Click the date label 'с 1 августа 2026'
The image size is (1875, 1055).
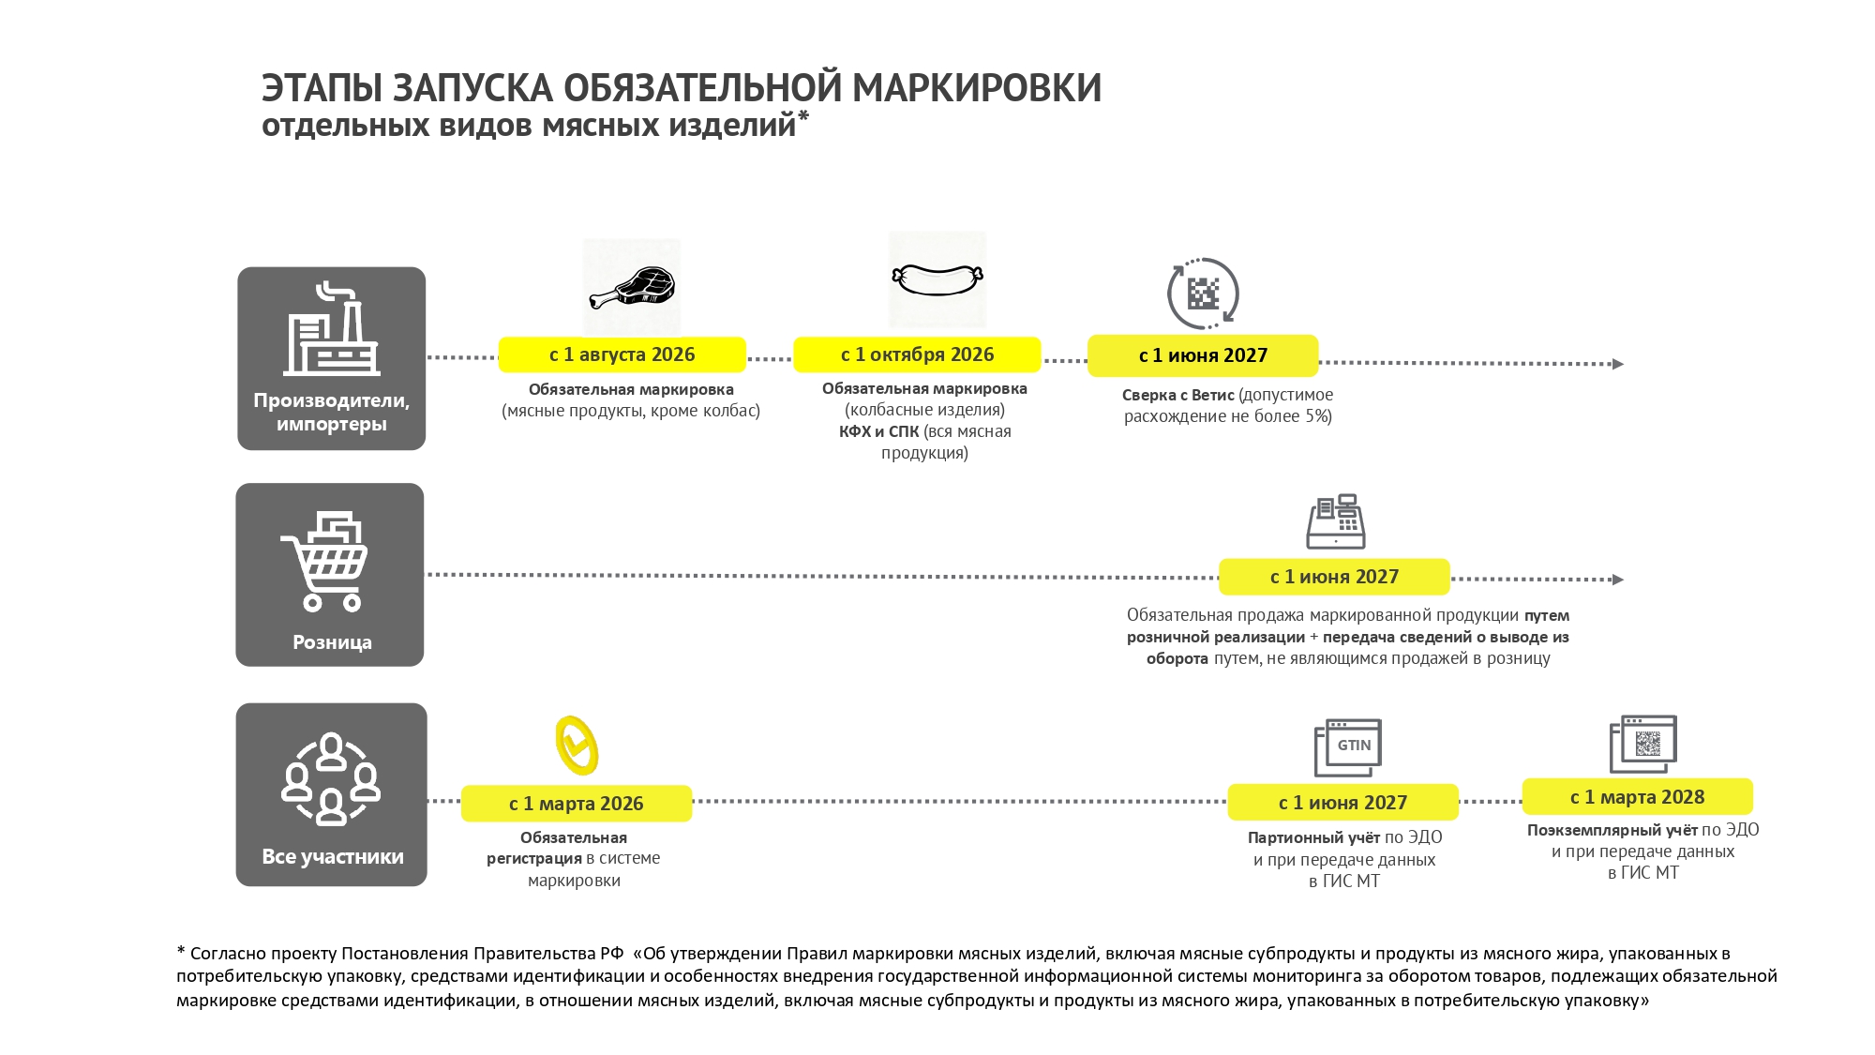pyautogui.click(x=622, y=354)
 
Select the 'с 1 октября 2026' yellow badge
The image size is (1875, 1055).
pyautogui.click(x=917, y=354)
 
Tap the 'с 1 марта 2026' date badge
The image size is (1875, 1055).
pyautogui.click(x=576, y=804)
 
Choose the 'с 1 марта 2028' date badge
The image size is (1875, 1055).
pyautogui.click(x=1637, y=797)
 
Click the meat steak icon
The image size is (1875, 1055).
pyautogui.click(x=633, y=288)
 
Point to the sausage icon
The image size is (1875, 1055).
pyautogui.click(x=937, y=279)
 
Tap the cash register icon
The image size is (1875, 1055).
pyautogui.click(x=1336, y=521)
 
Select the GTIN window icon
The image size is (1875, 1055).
pyautogui.click(x=1348, y=747)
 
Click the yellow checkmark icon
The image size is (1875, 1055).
pyautogui.click(x=577, y=746)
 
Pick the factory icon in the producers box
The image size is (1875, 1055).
pyautogui.click(x=331, y=329)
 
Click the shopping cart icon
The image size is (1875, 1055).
pyautogui.click(x=325, y=561)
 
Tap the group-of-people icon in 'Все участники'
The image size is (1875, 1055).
pyautogui.click(x=331, y=779)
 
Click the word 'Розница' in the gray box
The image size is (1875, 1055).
pyautogui.click(x=332, y=642)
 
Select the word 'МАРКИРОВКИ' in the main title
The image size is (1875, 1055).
pyautogui.click(x=977, y=88)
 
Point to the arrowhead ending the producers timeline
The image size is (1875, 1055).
pyautogui.click(x=1617, y=364)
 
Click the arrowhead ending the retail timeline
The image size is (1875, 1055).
pyautogui.click(x=1617, y=580)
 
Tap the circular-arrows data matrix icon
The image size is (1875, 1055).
pyautogui.click(x=1203, y=294)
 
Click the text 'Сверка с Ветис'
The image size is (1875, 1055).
pyautogui.click(x=1177, y=396)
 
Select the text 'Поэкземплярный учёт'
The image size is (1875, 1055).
pyautogui.click(x=1612, y=830)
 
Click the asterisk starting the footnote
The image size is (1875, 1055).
pyautogui.click(x=181, y=951)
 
